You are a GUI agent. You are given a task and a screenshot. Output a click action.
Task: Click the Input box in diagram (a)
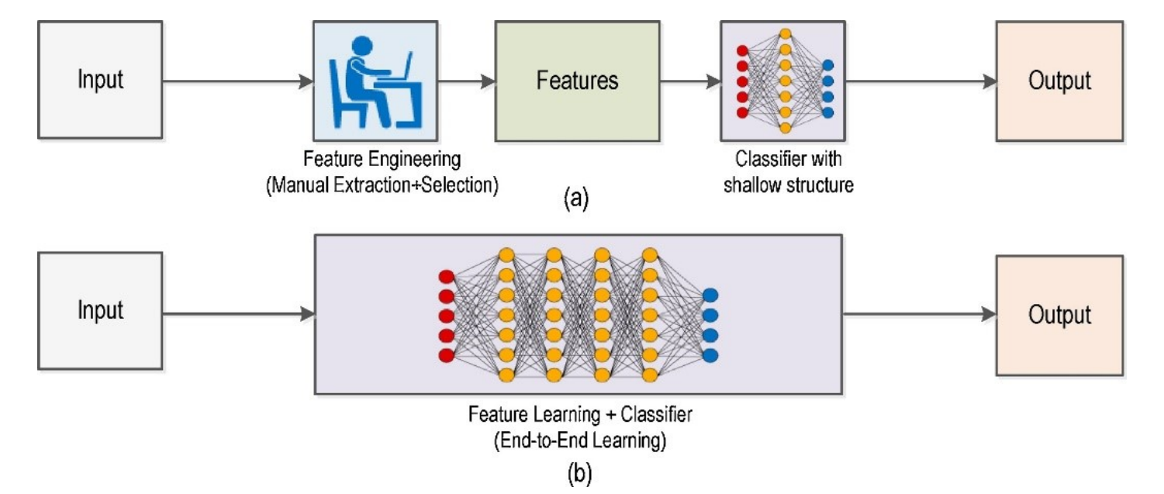(x=100, y=81)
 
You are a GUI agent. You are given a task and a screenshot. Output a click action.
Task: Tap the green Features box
(x=578, y=81)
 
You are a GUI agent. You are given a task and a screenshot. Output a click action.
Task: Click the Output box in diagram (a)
(x=1059, y=81)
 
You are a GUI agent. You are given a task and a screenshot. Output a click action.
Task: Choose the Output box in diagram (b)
(x=1059, y=313)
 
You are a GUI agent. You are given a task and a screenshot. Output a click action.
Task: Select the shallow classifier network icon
(x=785, y=81)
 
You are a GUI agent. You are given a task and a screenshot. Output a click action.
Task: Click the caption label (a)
(x=575, y=198)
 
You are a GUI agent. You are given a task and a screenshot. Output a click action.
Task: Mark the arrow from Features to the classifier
(x=690, y=81)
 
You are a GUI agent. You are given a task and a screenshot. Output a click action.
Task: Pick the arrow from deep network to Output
(x=919, y=314)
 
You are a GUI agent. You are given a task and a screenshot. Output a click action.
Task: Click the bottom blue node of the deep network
(x=710, y=355)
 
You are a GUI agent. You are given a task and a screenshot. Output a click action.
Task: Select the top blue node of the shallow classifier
(x=828, y=65)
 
